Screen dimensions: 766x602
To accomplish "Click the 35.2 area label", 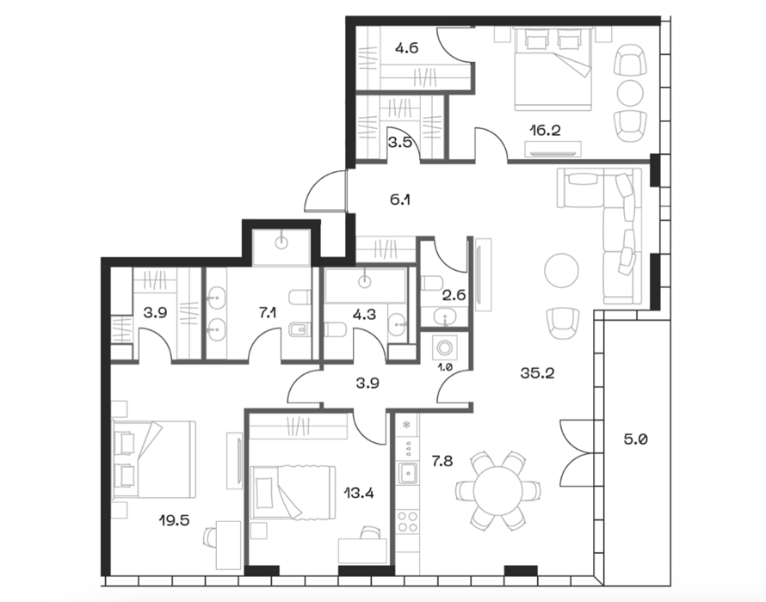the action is (x=537, y=373).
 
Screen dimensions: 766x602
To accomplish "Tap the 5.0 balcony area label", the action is (x=635, y=439).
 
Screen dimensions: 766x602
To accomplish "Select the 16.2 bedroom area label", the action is (x=545, y=131).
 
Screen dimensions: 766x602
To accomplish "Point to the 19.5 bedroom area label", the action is (x=174, y=520).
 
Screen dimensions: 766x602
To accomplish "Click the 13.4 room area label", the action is (x=359, y=493).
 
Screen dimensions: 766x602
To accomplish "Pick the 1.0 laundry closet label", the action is (x=446, y=367).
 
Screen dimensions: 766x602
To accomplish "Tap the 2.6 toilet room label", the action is (x=454, y=295).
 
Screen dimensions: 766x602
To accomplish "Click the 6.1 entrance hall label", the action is (x=400, y=200).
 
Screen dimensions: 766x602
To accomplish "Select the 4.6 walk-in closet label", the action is (x=406, y=48).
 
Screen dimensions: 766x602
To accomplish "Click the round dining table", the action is (x=497, y=491).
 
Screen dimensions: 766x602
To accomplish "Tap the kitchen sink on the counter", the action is (x=407, y=472).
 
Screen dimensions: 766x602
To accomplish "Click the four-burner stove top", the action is (x=407, y=521).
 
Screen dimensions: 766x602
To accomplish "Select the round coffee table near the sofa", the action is (x=562, y=271).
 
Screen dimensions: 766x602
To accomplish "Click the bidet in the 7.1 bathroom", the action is (x=299, y=330).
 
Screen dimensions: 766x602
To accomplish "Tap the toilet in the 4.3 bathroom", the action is (x=335, y=330).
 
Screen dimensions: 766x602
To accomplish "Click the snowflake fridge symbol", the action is (x=406, y=425).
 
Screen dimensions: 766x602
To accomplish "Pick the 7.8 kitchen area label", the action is (x=442, y=460).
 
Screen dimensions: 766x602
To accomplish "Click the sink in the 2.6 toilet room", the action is (x=445, y=316).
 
